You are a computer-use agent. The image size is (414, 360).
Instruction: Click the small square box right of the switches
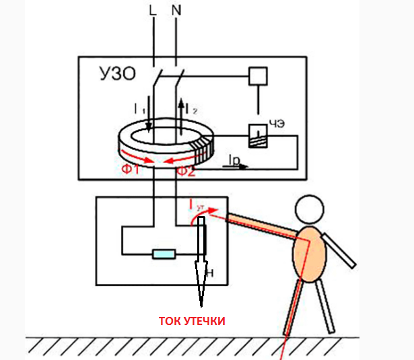[x=257, y=75]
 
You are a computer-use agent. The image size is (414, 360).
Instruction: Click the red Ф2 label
[x=186, y=171]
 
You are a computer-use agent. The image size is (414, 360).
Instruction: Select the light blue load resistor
[x=164, y=254]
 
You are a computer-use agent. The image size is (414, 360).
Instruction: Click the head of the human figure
[x=316, y=213]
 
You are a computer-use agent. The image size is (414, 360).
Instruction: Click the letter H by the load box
[x=211, y=273]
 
